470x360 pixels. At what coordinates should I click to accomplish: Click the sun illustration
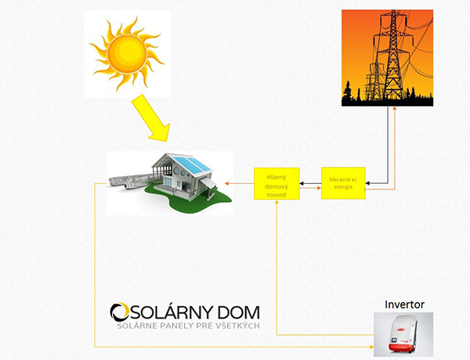coord(126,52)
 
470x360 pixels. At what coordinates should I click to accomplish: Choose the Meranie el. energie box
coord(343,182)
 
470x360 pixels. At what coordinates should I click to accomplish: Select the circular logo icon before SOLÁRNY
coord(120,312)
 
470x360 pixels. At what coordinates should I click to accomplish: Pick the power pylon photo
coord(387,58)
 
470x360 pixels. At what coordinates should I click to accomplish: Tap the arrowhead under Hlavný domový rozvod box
coord(277,203)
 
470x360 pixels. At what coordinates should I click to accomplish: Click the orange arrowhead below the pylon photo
coord(394,110)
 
